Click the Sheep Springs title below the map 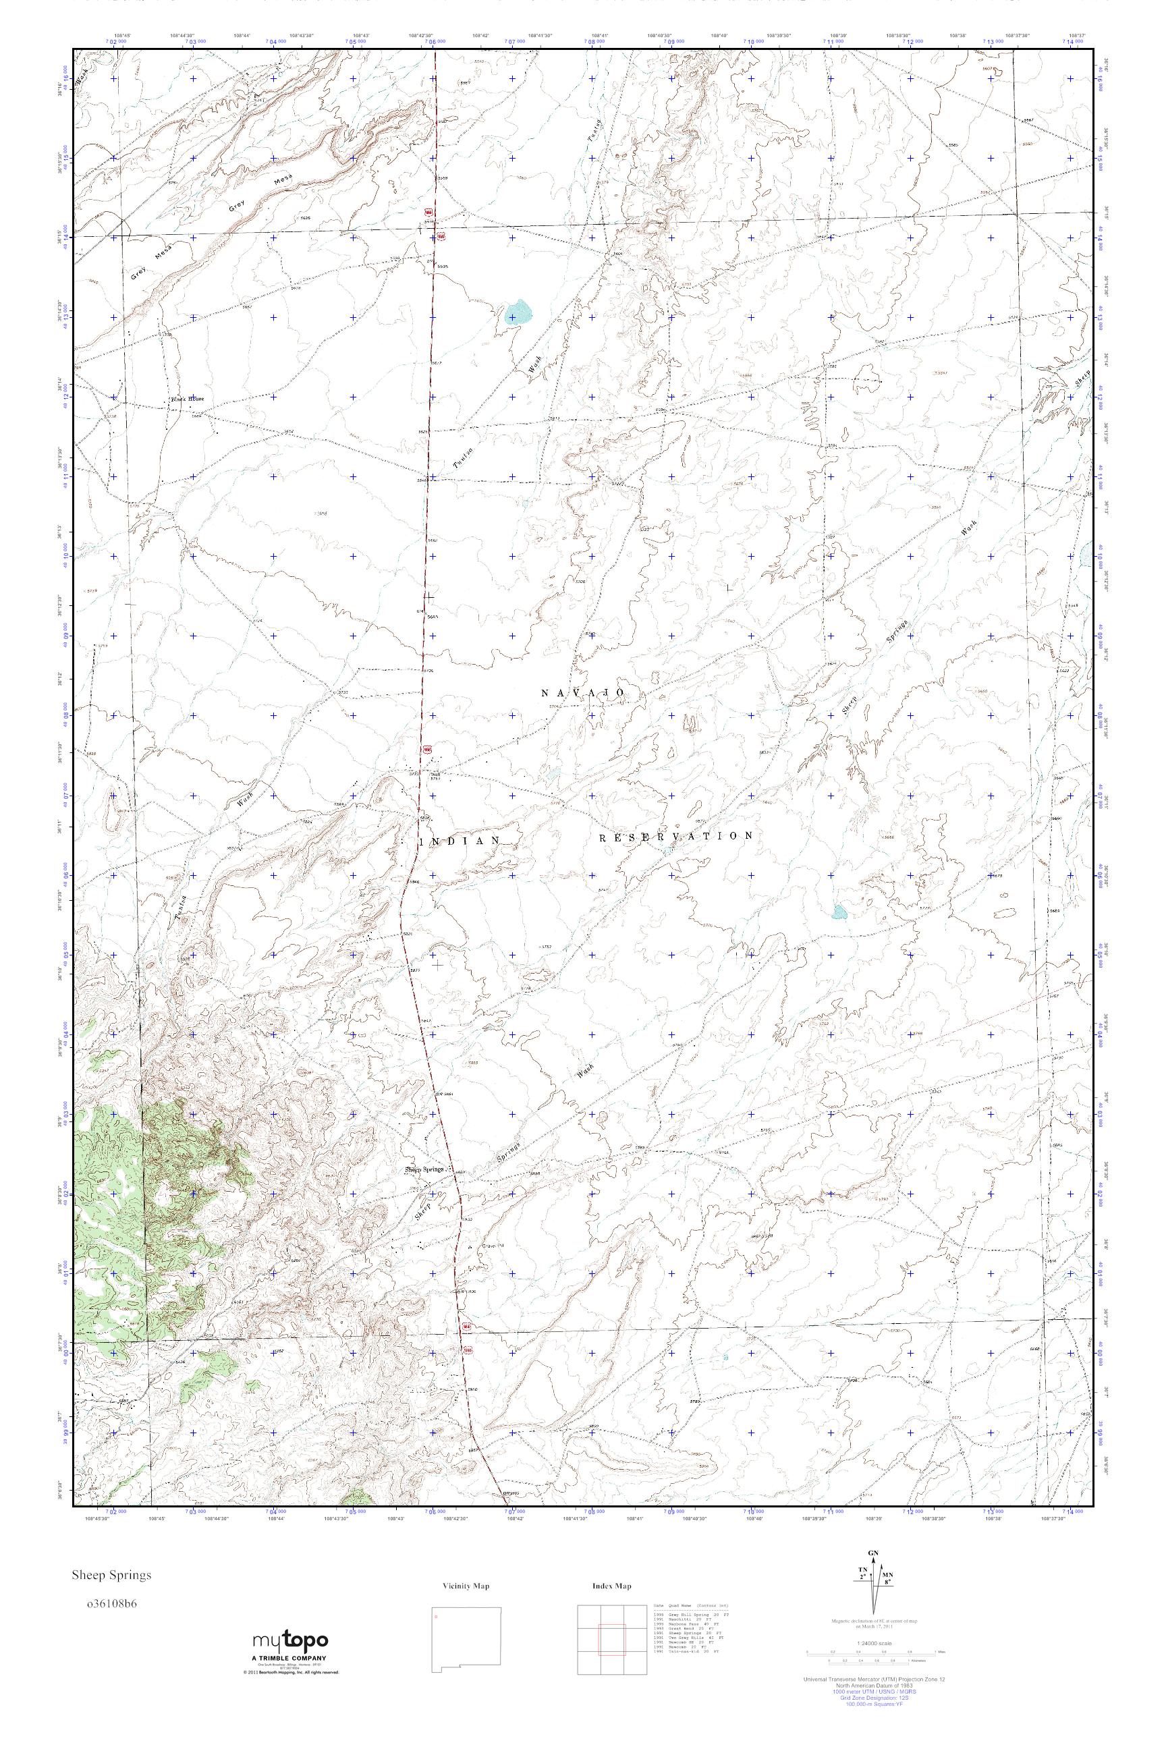[111, 1575]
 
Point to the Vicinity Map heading [466, 1586]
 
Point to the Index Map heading [612, 1586]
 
